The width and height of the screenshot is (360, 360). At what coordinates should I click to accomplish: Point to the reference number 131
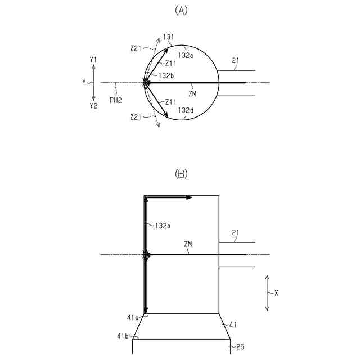[x=168, y=37]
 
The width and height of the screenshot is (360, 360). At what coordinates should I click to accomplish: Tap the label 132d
[x=187, y=110]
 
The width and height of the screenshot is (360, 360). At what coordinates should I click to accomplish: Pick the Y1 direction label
[x=93, y=59]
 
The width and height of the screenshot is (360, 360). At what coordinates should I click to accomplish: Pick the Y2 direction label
[x=93, y=106]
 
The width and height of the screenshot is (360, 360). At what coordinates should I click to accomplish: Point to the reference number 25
[x=240, y=347]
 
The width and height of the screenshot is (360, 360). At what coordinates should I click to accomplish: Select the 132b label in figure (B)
[x=163, y=225]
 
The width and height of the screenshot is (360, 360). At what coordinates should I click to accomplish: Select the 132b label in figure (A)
[x=166, y=75]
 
